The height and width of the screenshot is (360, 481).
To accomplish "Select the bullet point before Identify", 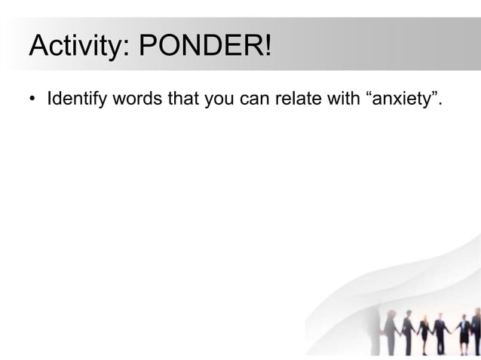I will point(33,100).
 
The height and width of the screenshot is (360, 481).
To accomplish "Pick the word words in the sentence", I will point(138,99).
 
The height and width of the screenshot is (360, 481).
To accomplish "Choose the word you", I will point(219,100).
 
